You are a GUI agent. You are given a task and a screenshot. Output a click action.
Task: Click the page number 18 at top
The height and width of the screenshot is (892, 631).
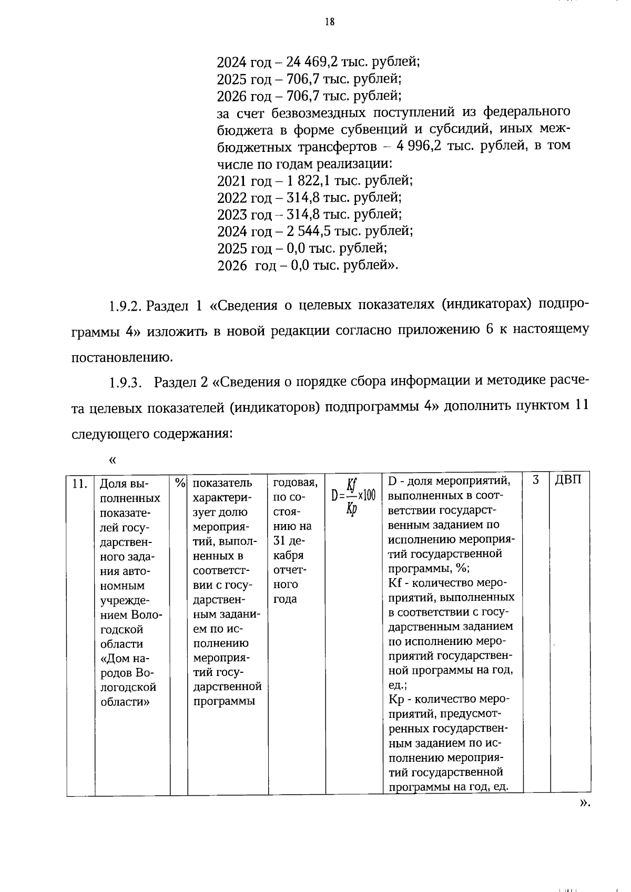tap(330, 22)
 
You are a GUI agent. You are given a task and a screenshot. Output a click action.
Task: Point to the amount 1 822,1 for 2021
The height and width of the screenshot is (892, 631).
tap(308, 181)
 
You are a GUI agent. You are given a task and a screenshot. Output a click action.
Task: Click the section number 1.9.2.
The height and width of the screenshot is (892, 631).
tap(125, 306)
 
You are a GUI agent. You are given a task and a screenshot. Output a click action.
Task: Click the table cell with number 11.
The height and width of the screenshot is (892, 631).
tap(79, 483)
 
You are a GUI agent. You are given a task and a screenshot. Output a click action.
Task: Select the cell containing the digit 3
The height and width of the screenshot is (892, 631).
tap(536, 480)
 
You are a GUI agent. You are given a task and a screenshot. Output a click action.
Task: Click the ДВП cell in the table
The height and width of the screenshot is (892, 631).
tap(568, 480)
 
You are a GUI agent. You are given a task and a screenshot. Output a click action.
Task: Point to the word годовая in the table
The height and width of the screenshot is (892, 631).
tap(295, 483)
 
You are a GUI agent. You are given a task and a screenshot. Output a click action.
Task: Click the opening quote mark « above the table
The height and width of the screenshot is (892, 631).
tap(112, 460)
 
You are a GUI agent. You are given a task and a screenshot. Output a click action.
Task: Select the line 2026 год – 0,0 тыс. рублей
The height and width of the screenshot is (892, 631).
tap(308, 266)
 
